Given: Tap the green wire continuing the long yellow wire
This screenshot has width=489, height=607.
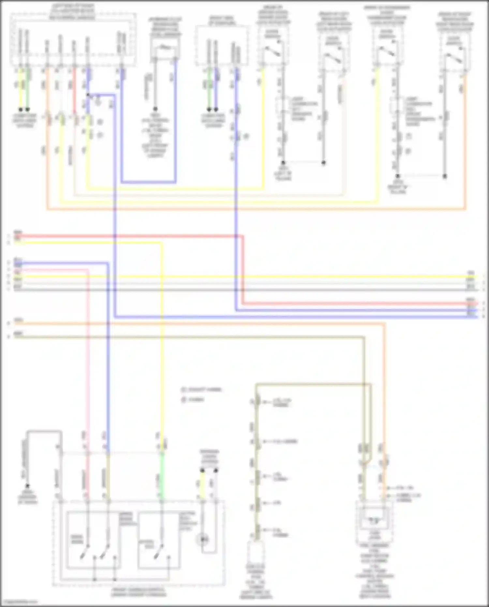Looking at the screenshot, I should coord(162,476).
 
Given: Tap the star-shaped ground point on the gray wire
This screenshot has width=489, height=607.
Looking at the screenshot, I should coord(28,486).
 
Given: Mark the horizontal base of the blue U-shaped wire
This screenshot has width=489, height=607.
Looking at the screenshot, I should coord(148,182).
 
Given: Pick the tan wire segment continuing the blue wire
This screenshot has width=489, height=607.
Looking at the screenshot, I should coord(108,476).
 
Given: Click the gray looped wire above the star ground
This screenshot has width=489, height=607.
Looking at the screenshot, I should coord(44,432).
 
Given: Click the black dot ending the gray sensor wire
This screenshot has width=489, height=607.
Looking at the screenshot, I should coord(155,109).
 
